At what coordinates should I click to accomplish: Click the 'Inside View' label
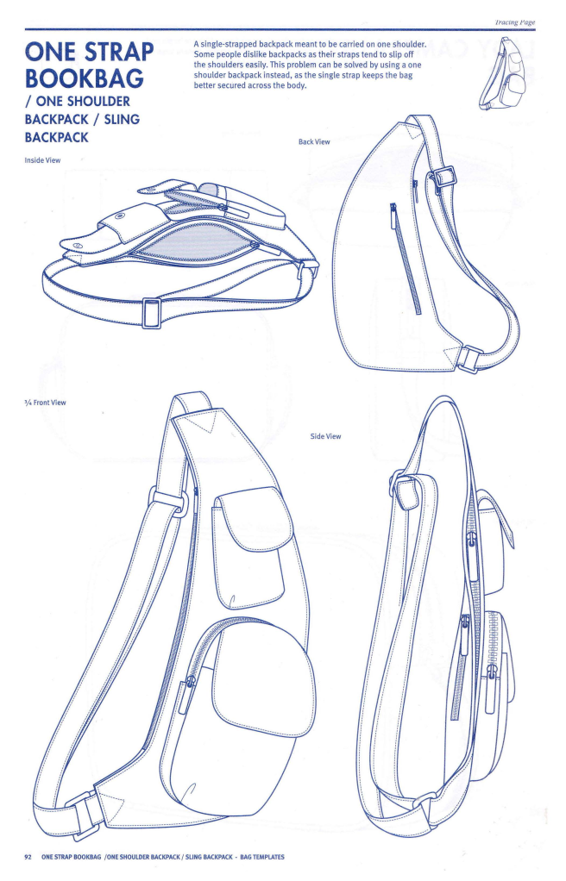click(x=43, y=159)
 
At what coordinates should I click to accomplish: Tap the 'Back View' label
click(x=314, y=141)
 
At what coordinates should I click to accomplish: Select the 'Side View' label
click(x=325, y=436)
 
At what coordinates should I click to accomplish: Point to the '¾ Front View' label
click(x=45, y=403)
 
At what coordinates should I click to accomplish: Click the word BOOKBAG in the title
click(x=85, y=83)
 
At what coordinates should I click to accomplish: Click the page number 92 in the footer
click(x=28, y=857)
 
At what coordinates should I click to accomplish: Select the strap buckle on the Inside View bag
click(x=152, y=311)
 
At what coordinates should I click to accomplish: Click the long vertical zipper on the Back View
click(x=405, y=259)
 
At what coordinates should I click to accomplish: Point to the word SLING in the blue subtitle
click(x=116, y=119)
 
